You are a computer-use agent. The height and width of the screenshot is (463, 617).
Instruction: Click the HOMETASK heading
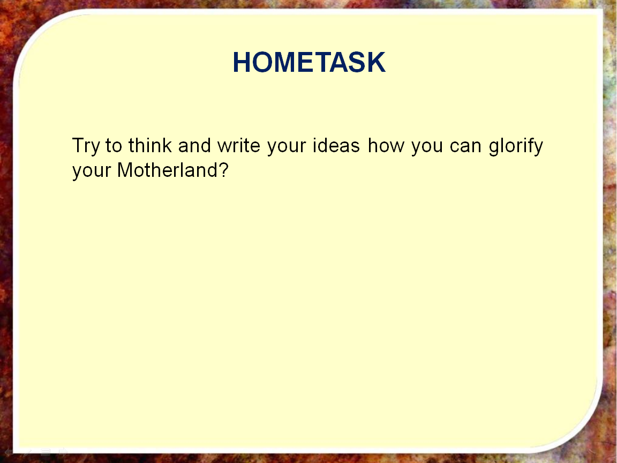(x=309, y=62)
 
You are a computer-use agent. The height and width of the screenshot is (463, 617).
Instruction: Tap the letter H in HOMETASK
(x=241, y=62)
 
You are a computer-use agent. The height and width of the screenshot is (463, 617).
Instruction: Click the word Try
(x=86, y=146)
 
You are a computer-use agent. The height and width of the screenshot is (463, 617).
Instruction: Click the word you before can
(x=427, y=148)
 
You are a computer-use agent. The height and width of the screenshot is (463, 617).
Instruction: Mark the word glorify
(x=516, y=146)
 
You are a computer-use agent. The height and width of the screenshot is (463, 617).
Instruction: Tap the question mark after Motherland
(x=223, y=170)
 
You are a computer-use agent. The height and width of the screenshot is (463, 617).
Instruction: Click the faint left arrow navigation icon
(x=8, y=452)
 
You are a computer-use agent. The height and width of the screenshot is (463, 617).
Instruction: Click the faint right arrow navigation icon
(x=63, y=452)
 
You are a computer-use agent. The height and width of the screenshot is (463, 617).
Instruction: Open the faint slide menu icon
(x=45, y=452)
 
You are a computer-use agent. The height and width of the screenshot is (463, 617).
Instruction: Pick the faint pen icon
(x=27, y=452)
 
